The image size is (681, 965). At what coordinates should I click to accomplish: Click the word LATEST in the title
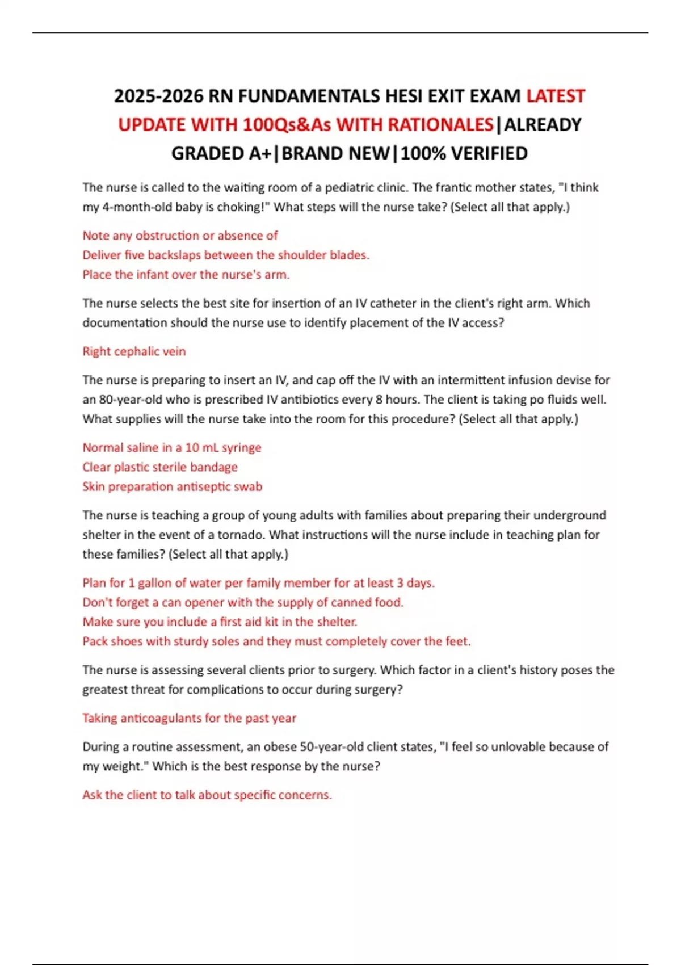tap(555, 96)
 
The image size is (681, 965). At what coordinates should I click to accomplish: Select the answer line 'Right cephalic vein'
tap(134, 351)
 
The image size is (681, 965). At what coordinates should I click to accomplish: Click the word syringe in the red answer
tap(241, 447)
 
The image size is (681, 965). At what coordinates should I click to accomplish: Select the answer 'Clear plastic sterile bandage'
tap(159, 467)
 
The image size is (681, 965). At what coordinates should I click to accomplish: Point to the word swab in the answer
tap(249, 486)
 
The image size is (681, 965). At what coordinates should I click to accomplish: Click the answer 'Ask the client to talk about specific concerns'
tap(207, 795)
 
